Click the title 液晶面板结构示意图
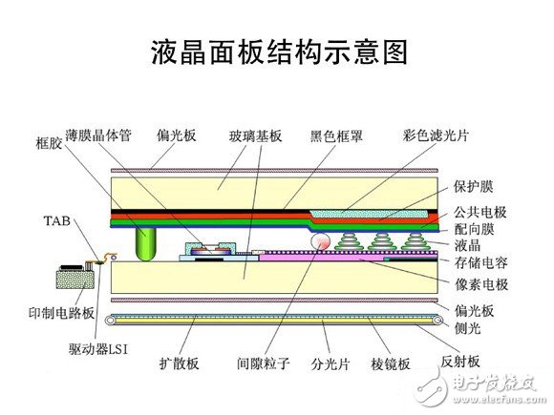280,52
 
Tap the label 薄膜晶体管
98,135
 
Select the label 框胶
49,143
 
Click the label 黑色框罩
336,135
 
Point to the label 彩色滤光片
436,135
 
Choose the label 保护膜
474,187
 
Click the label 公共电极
480,212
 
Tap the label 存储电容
480,263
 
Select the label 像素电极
481,284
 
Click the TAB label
57,221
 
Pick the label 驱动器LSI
98,349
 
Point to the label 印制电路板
61,313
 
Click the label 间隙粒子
264,363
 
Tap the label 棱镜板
391,363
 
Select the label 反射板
460,362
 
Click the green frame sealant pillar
145,244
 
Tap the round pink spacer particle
320,241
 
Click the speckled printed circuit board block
75,279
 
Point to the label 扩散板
180,363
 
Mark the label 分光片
330,363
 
